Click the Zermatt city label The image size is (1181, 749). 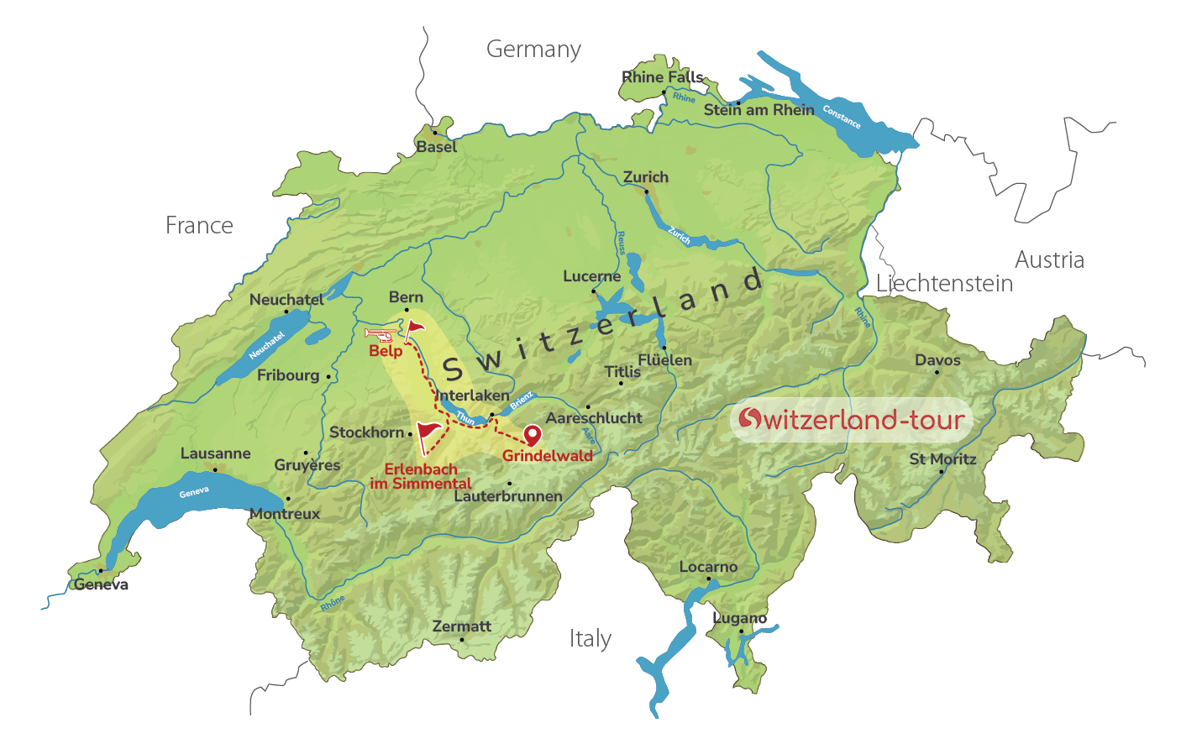[461, 626]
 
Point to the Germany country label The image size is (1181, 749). [533, 50]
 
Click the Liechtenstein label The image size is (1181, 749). [944, 284]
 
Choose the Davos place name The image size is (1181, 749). [937, 360]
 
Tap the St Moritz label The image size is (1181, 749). [942, 459]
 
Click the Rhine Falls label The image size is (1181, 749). [662, 77]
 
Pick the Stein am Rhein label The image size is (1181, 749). [758, 110]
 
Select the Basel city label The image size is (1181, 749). [437, 147]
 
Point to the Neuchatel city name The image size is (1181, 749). [286, 300]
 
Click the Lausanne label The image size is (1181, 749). [215, 453]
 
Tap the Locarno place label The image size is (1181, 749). [708, 567]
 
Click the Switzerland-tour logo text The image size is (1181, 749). [852, 419]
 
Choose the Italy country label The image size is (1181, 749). [590, 639]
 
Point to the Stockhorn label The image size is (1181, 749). [367, 432]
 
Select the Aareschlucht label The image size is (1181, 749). [594, 418]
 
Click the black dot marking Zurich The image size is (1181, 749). [647, 191]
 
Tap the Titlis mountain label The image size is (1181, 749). [622, 371]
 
